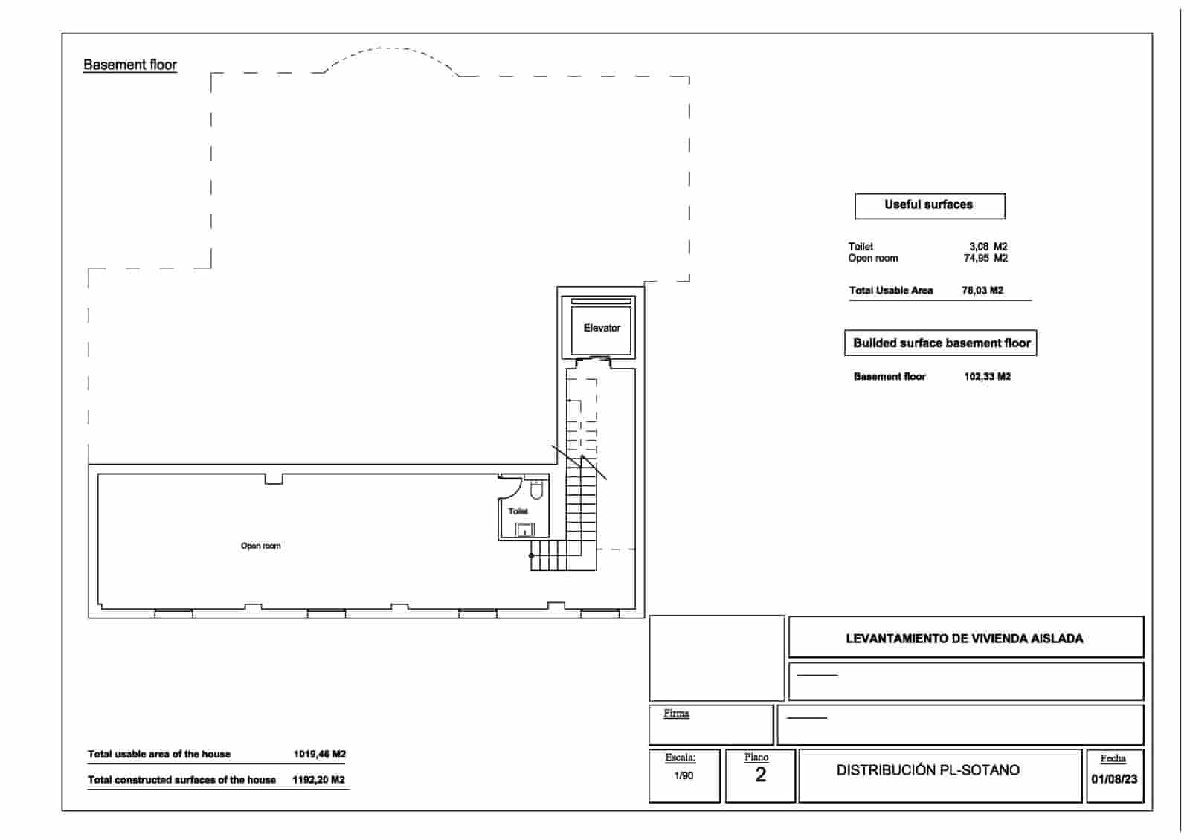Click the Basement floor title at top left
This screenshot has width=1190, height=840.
(x=130, y=65)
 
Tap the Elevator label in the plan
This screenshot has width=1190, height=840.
(x=602, y=328)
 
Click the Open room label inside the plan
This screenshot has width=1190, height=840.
(x=260, y=546)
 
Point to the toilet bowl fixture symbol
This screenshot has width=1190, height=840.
(x=536, y=490)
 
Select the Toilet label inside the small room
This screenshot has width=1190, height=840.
(x=518, y=511)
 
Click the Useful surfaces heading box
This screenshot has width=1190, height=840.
(x=929, y=205)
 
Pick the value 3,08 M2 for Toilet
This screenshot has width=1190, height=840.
(x=988, y=246)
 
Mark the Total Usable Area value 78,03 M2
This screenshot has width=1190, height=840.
(x=982, y=291)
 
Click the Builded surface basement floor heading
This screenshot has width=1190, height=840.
(x=941, y=343)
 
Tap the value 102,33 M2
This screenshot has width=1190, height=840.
(x=987, y=377)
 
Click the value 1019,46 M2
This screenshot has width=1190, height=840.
(x=319, y=754)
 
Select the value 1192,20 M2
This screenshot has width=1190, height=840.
(x=318, y=780)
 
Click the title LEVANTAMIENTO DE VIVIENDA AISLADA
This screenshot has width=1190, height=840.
(x=965, y=639)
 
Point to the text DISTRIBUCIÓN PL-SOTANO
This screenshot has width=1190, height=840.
(x=927, y=770)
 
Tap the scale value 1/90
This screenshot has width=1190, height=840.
(x=684, y=776)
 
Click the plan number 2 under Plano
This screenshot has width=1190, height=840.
(x=760, y=775)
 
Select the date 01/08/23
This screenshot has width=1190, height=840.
(x=1114, y=780)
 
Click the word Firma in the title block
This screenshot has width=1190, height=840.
(x=676, y=713)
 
